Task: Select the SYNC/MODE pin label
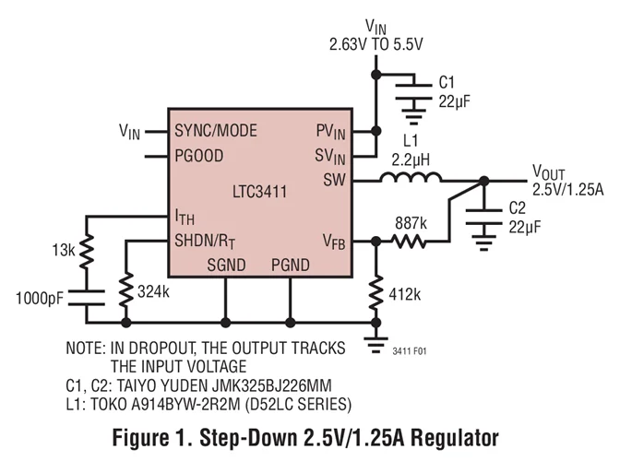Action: click(x=215, y=131)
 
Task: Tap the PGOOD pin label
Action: click(x=198, y=155)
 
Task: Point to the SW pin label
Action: click(x=333, y=179)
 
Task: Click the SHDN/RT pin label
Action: click(x=208, y=242)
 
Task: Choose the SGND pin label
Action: click(x=227, y=265)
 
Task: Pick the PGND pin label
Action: click(x=291, y=265)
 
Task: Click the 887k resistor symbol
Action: click(x=409, y=242)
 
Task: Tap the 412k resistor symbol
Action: click(x=376, y=294)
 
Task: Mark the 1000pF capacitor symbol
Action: click(x=87, y=300)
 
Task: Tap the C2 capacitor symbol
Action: click(x=480, y=219)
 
